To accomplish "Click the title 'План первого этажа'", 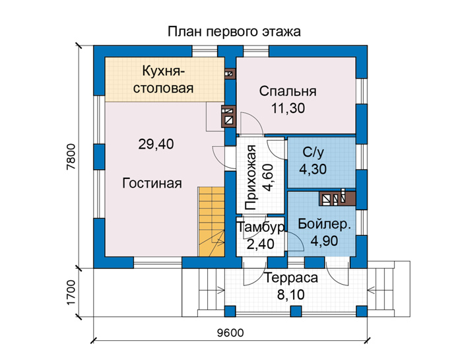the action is [234, 32].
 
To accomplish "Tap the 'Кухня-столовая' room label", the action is [163, 80].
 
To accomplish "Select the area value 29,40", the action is [156, 144].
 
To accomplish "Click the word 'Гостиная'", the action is [152, 183].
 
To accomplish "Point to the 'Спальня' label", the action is [288, 91].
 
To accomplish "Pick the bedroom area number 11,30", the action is [288, 108].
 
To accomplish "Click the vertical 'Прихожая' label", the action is [251, 178].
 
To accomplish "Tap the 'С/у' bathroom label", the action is [313, 152].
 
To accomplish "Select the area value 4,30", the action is [313, 169].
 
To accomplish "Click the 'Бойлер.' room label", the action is [325, 225].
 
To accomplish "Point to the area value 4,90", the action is [325, 241].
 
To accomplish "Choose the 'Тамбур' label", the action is [261, 227].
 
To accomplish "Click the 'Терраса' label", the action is [291, 278].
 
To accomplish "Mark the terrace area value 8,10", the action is [291, 295].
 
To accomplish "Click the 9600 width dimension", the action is [231, 333].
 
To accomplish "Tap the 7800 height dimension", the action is [71, 157].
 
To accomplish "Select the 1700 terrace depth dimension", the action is [71, 293].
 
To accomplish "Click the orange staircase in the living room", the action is [211, 221].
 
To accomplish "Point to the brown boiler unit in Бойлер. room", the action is [338, 198].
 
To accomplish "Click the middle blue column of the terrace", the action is [296, 311].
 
